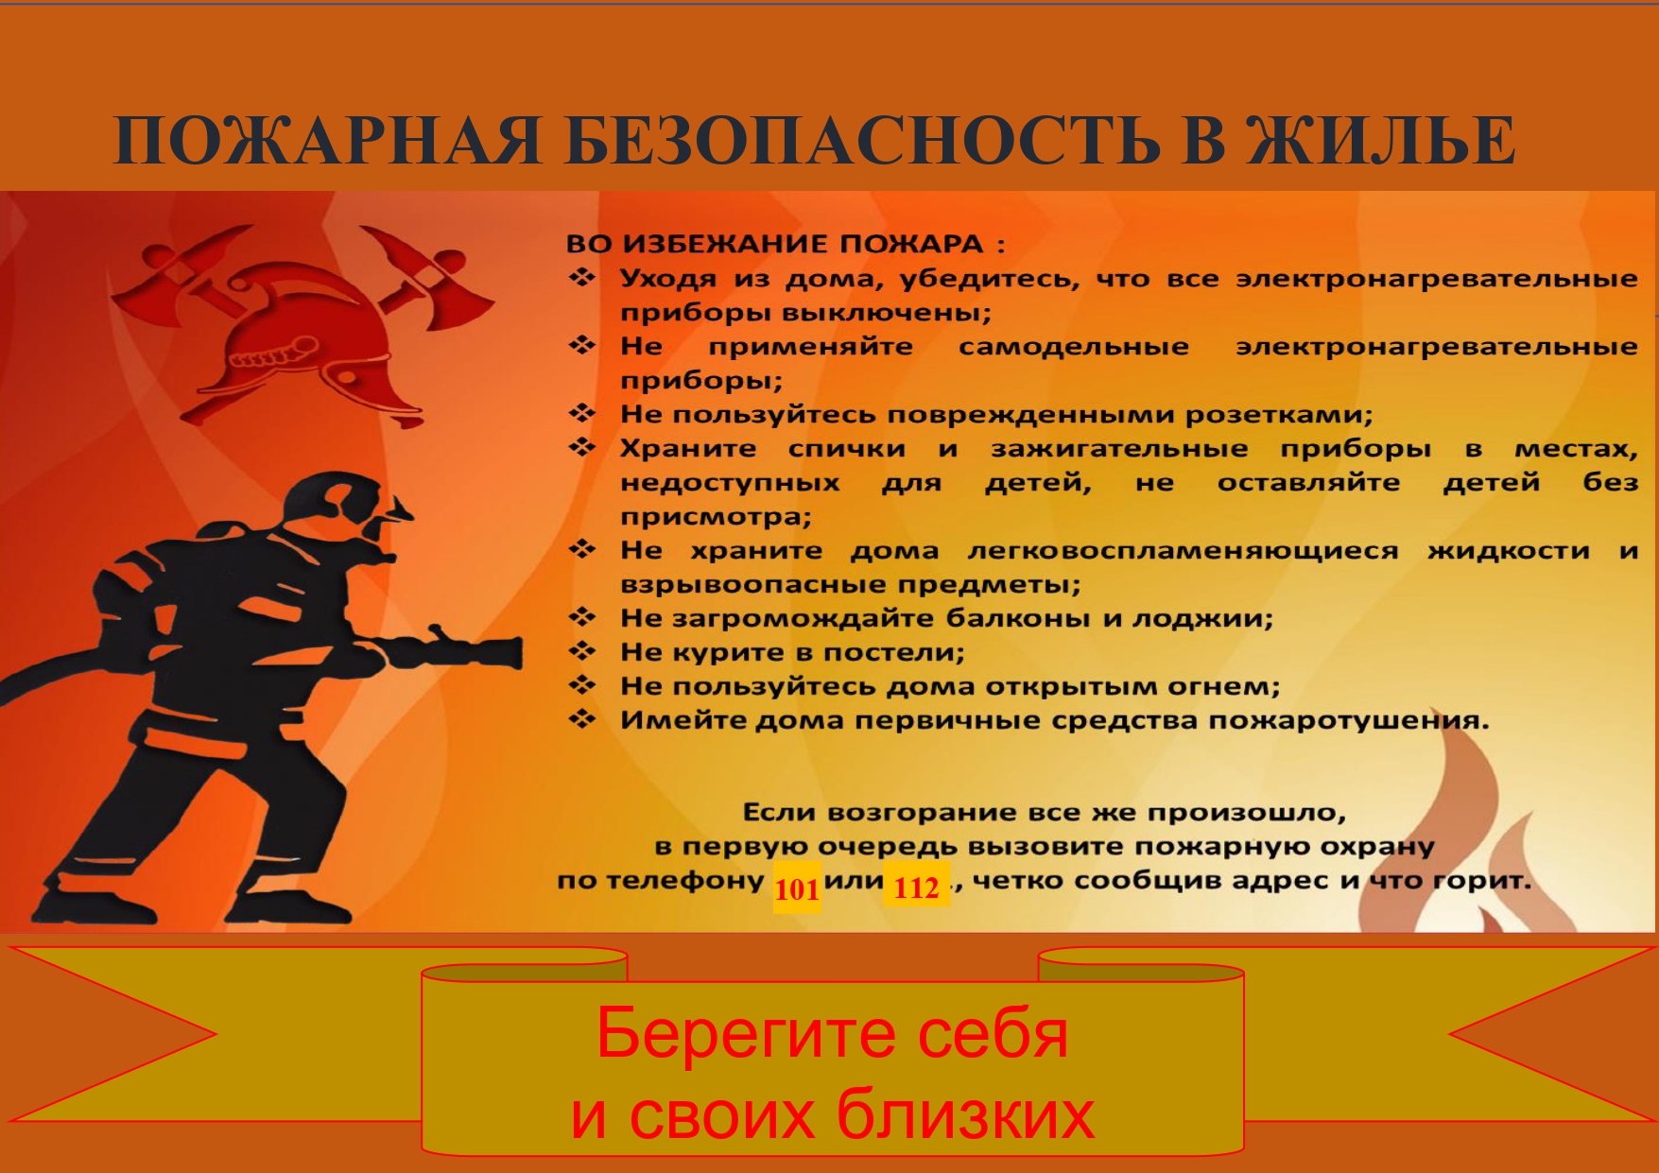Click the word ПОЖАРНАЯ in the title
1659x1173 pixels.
click(x=327, y=140)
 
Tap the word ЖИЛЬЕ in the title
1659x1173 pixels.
click(x=1380, y=140)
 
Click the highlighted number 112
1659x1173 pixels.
click(x=916, y=887)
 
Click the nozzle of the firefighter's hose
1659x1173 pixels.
click(x=473, y=650)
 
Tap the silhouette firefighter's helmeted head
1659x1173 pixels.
click(x=350, y=515)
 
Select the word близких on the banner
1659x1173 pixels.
click(x=965, y=1115)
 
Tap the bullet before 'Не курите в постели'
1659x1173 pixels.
click(x=581, y=651)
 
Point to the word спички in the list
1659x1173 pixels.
click(x=847, y=450)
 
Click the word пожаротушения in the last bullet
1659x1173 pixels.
click(x=1349, y=721)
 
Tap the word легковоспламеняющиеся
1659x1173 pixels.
click(x=1183, y=551)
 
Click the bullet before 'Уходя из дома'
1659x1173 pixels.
click(x=581, y=278)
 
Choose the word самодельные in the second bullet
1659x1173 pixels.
click(x=1074, y=347)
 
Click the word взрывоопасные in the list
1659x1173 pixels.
click(x=752, y=585)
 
